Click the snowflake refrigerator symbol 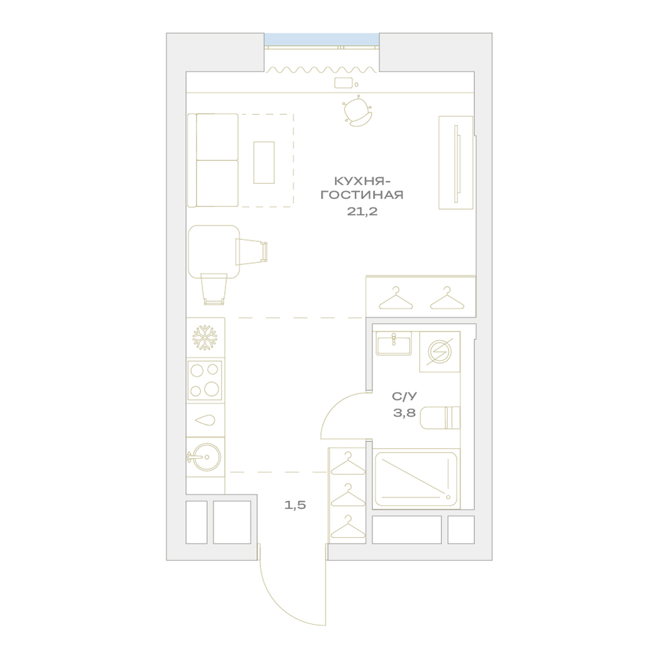tap(205, 337)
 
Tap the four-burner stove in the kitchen tap(205, 380)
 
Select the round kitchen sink tap(205, 457)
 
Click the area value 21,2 tap(362, 212)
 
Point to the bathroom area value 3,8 tap(405, 413)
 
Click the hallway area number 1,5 tap(295, 505)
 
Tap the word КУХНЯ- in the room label tap(362, 181)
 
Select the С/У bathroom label tap(405, 396)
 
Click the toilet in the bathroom tap(440, 418)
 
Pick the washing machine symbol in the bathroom tap(440, 351)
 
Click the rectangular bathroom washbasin tap(394, 343)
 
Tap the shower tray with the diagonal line tap(415, 478)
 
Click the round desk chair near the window tap(357, 111)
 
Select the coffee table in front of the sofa tap(264, 162)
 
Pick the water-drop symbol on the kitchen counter tap(206, 420)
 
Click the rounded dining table tap(214, 252)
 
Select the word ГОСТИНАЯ tap(362, 195)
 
